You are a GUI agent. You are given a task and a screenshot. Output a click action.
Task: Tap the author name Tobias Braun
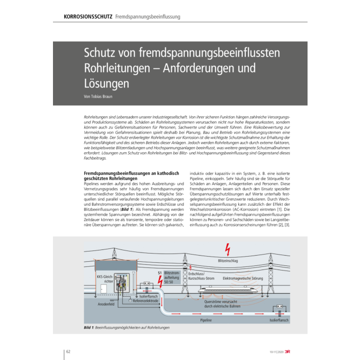point(101,96)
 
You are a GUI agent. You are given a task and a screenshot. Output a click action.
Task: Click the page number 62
point(68,351)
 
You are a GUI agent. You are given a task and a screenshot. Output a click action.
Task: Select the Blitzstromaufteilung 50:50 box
point(172,278)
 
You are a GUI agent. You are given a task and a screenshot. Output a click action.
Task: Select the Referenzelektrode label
point(146,301)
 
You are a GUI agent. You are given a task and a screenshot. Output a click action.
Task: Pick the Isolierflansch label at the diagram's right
point(279,320)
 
